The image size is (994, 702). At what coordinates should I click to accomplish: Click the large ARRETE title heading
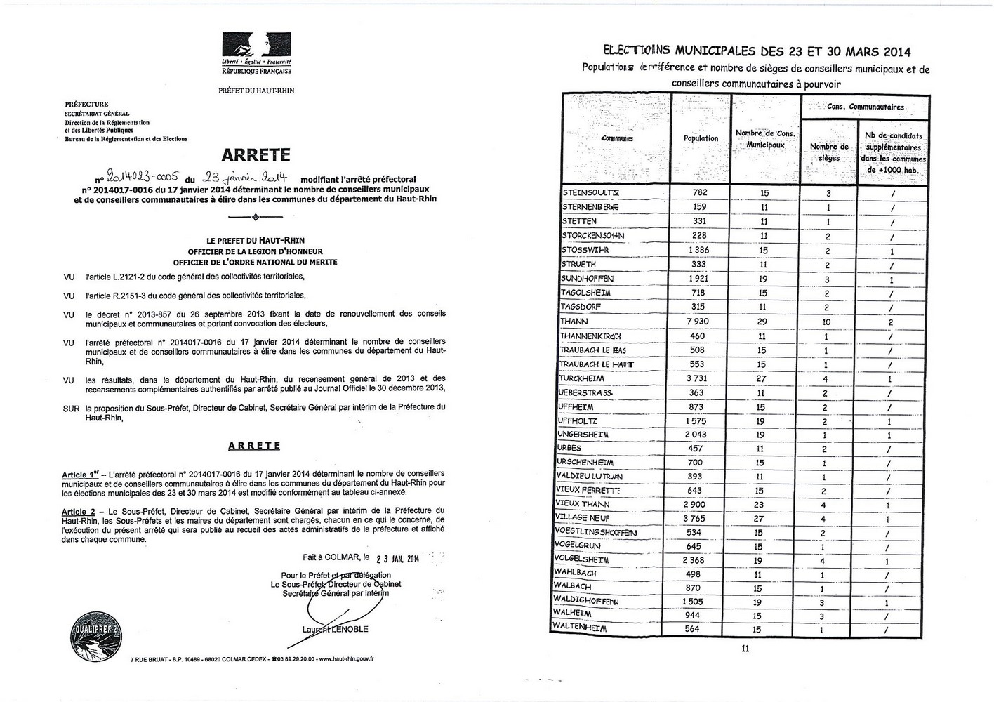(x=256, y=155)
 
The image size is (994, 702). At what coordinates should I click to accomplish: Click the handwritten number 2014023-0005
(x=139, y=178)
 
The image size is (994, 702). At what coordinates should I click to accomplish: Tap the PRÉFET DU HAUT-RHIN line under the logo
(x=256, y=91)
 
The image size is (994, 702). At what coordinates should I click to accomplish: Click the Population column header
(x=701, y=138)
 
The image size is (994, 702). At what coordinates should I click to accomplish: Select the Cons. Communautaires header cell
(x=865, y=107)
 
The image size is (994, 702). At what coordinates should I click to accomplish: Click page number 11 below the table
(x=745, y=649)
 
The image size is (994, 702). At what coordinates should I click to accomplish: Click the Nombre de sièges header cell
(x=828, y=152)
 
